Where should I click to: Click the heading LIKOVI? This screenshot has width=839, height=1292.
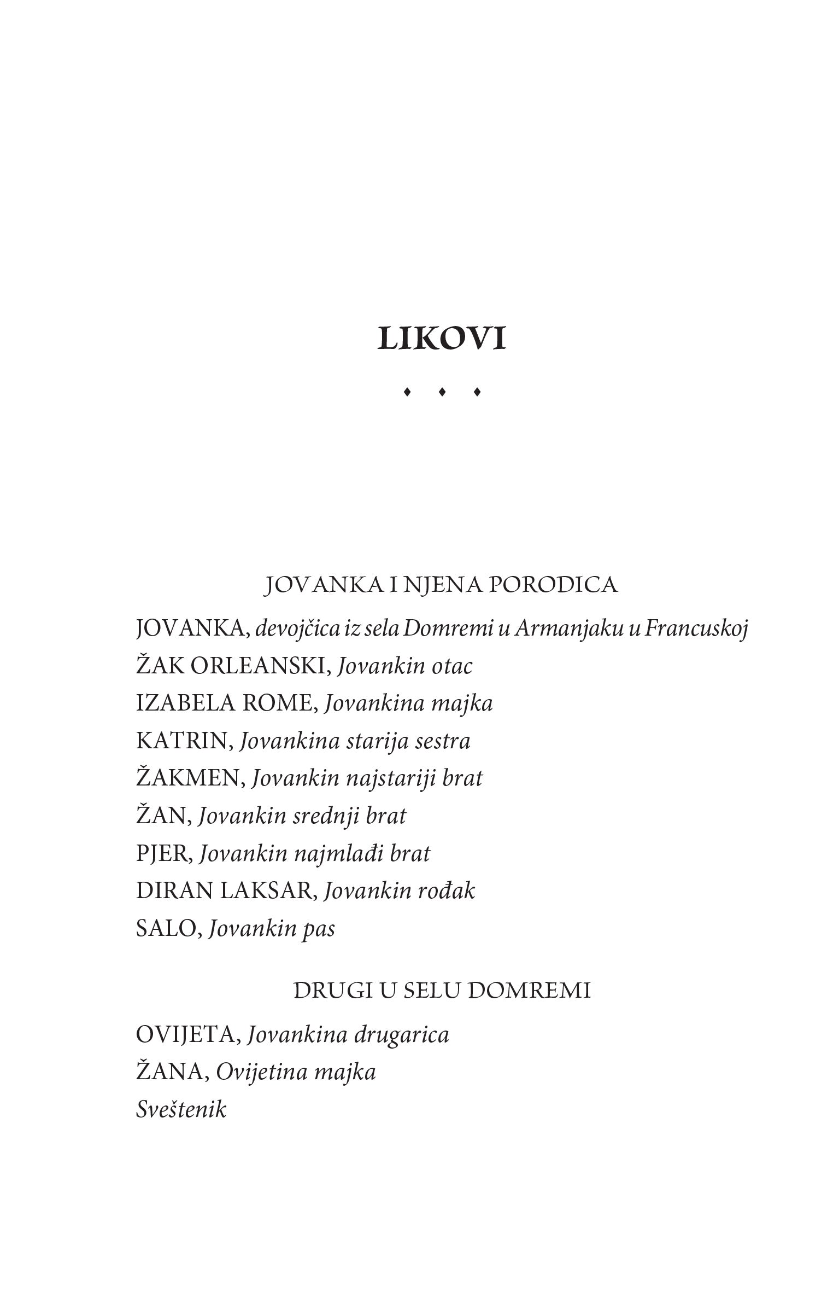coord(441,339)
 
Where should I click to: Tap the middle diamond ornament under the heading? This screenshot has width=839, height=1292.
coord(442,392)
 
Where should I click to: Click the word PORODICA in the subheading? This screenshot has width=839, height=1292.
coord(552,585)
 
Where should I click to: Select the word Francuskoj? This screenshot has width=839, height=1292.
coord(696,630)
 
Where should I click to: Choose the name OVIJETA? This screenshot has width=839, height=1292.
coord(186,1035)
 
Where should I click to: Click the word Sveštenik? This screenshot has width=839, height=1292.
coord(181,1109)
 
